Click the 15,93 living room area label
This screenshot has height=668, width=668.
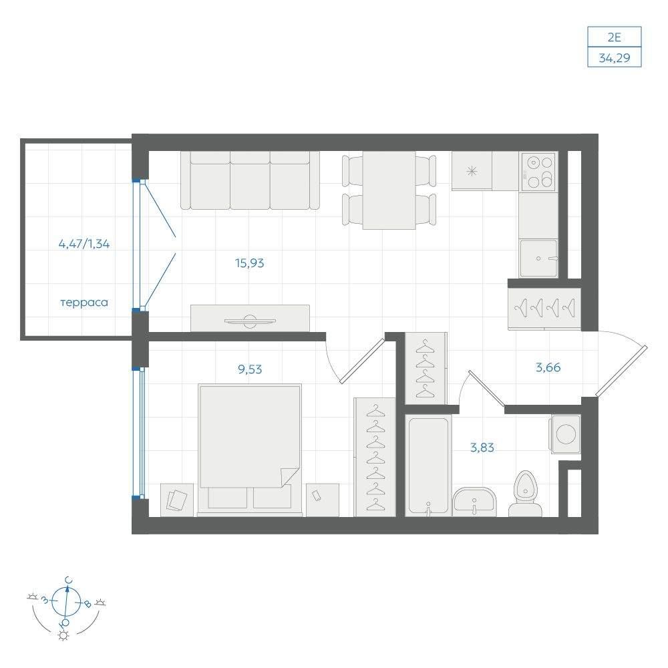pyautogui.click(x=250, y=263)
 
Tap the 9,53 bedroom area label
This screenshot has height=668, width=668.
pyautogui.click(x=250, y=369)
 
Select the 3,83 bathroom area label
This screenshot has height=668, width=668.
pyautogui.click(x=482, y=448)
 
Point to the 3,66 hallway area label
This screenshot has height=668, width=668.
pyautogui.click(x=548, y=367)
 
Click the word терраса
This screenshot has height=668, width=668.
pyautogui.click(x=84, y=303)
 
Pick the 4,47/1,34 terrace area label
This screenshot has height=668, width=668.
pyautogui.click(x=84, y=244)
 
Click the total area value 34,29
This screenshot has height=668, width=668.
pyautogui.click(x=615, y=57)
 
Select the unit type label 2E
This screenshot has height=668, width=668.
pyautogui.click(x=615, y=37)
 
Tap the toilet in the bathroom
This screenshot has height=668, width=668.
pyautogui.click(x=526, y=494)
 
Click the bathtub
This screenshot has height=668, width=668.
pyautogui.click(x=428, y=466)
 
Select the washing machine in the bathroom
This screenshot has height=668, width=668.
pyautogui.click(x=565, y=435)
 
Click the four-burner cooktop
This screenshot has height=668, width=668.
pyautogui.click(x=539, y=172)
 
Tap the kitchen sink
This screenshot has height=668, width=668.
pyautogui.click(x=538, y=258)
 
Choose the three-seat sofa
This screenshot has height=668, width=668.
pyautogui.click(x=250, y=180)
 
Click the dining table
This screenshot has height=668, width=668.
pyautogui.click(x=389, y=190)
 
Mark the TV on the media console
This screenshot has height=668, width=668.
pyautogui.click(x=250, y=321)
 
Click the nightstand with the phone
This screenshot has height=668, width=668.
pyautogui.click(x=323, y=500)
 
